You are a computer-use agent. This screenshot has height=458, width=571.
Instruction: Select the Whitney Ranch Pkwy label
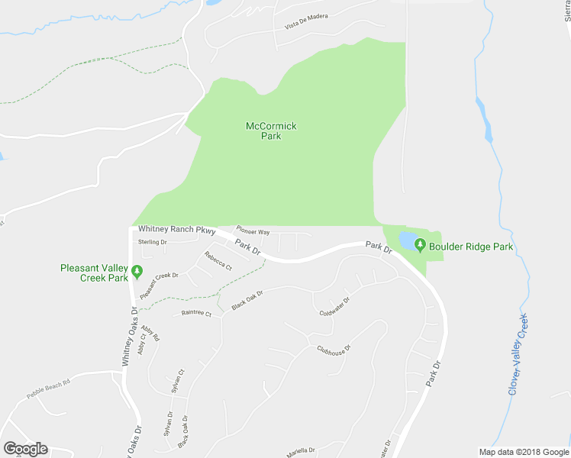coord(177,230)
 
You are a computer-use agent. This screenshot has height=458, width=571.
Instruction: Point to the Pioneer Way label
coord(253,231)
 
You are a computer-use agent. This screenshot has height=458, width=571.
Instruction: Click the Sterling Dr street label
coord(152,242)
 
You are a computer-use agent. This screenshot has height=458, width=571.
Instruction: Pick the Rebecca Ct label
coord(218,260)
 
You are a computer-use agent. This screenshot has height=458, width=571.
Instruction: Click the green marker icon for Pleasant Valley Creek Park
coord(137,271)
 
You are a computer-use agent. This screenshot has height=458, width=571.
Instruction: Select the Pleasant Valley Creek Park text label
coord(95,273)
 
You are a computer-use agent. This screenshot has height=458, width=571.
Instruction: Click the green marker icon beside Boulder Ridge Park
coord(419,245)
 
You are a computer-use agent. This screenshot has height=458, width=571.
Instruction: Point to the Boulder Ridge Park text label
coord(470,247)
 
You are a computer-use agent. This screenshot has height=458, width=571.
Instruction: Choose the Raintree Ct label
coord(196,312)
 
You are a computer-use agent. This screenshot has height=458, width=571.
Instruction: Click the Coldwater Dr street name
coord(334,306)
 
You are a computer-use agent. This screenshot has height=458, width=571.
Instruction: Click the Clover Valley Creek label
coord(519,354)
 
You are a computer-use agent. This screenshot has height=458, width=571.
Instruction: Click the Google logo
coord(25,449)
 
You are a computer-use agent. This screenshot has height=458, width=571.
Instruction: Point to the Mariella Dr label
coord(301,450)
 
